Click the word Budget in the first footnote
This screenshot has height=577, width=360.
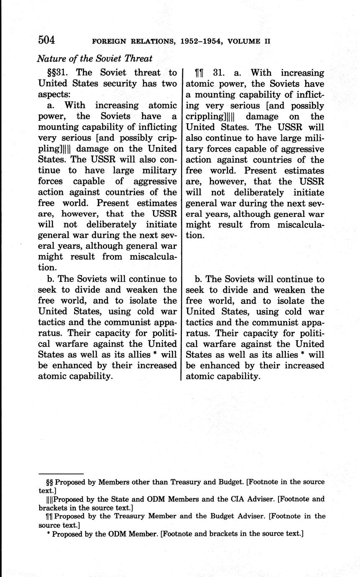(x=230, y=482)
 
